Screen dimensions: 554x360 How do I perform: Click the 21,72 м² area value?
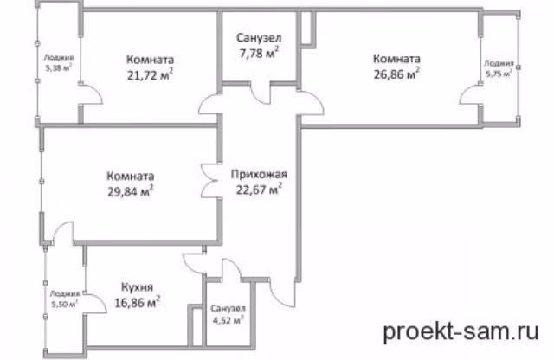click(x=150, y=75)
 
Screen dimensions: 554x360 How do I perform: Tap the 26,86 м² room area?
click(x=396, y=74)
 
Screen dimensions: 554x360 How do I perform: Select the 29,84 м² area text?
click(x=131, y=191)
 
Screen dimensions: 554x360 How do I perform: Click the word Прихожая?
click(x=259, y=174)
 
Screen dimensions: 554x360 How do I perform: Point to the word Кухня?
click(x=138, y=286)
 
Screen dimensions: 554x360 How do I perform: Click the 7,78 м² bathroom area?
click(x=259, y=53)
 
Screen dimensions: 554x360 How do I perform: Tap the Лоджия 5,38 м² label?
click(x=59, y=63)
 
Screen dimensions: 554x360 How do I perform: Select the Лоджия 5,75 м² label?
click(x=499, y=68)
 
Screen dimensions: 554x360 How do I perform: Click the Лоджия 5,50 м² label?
click(x=65, y=299)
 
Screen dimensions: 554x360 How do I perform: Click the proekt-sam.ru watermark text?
click(x=461, y=331)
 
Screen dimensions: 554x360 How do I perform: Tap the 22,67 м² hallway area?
click(x=259, y=190)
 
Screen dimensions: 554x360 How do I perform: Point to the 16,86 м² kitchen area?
click(x=138, y=303)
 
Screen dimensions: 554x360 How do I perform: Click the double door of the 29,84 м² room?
click(x=209, y=181)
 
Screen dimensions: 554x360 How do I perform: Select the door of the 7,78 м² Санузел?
click(x=260, y=93)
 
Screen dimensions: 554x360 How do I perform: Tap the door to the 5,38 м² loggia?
click(x=90, y=94)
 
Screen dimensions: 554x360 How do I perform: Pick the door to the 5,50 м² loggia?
click(x=95, y=303)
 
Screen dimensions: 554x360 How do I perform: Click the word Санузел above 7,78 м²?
click(x=259, y=37)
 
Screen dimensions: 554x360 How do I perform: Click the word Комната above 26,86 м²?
click(x=396, y=58)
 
